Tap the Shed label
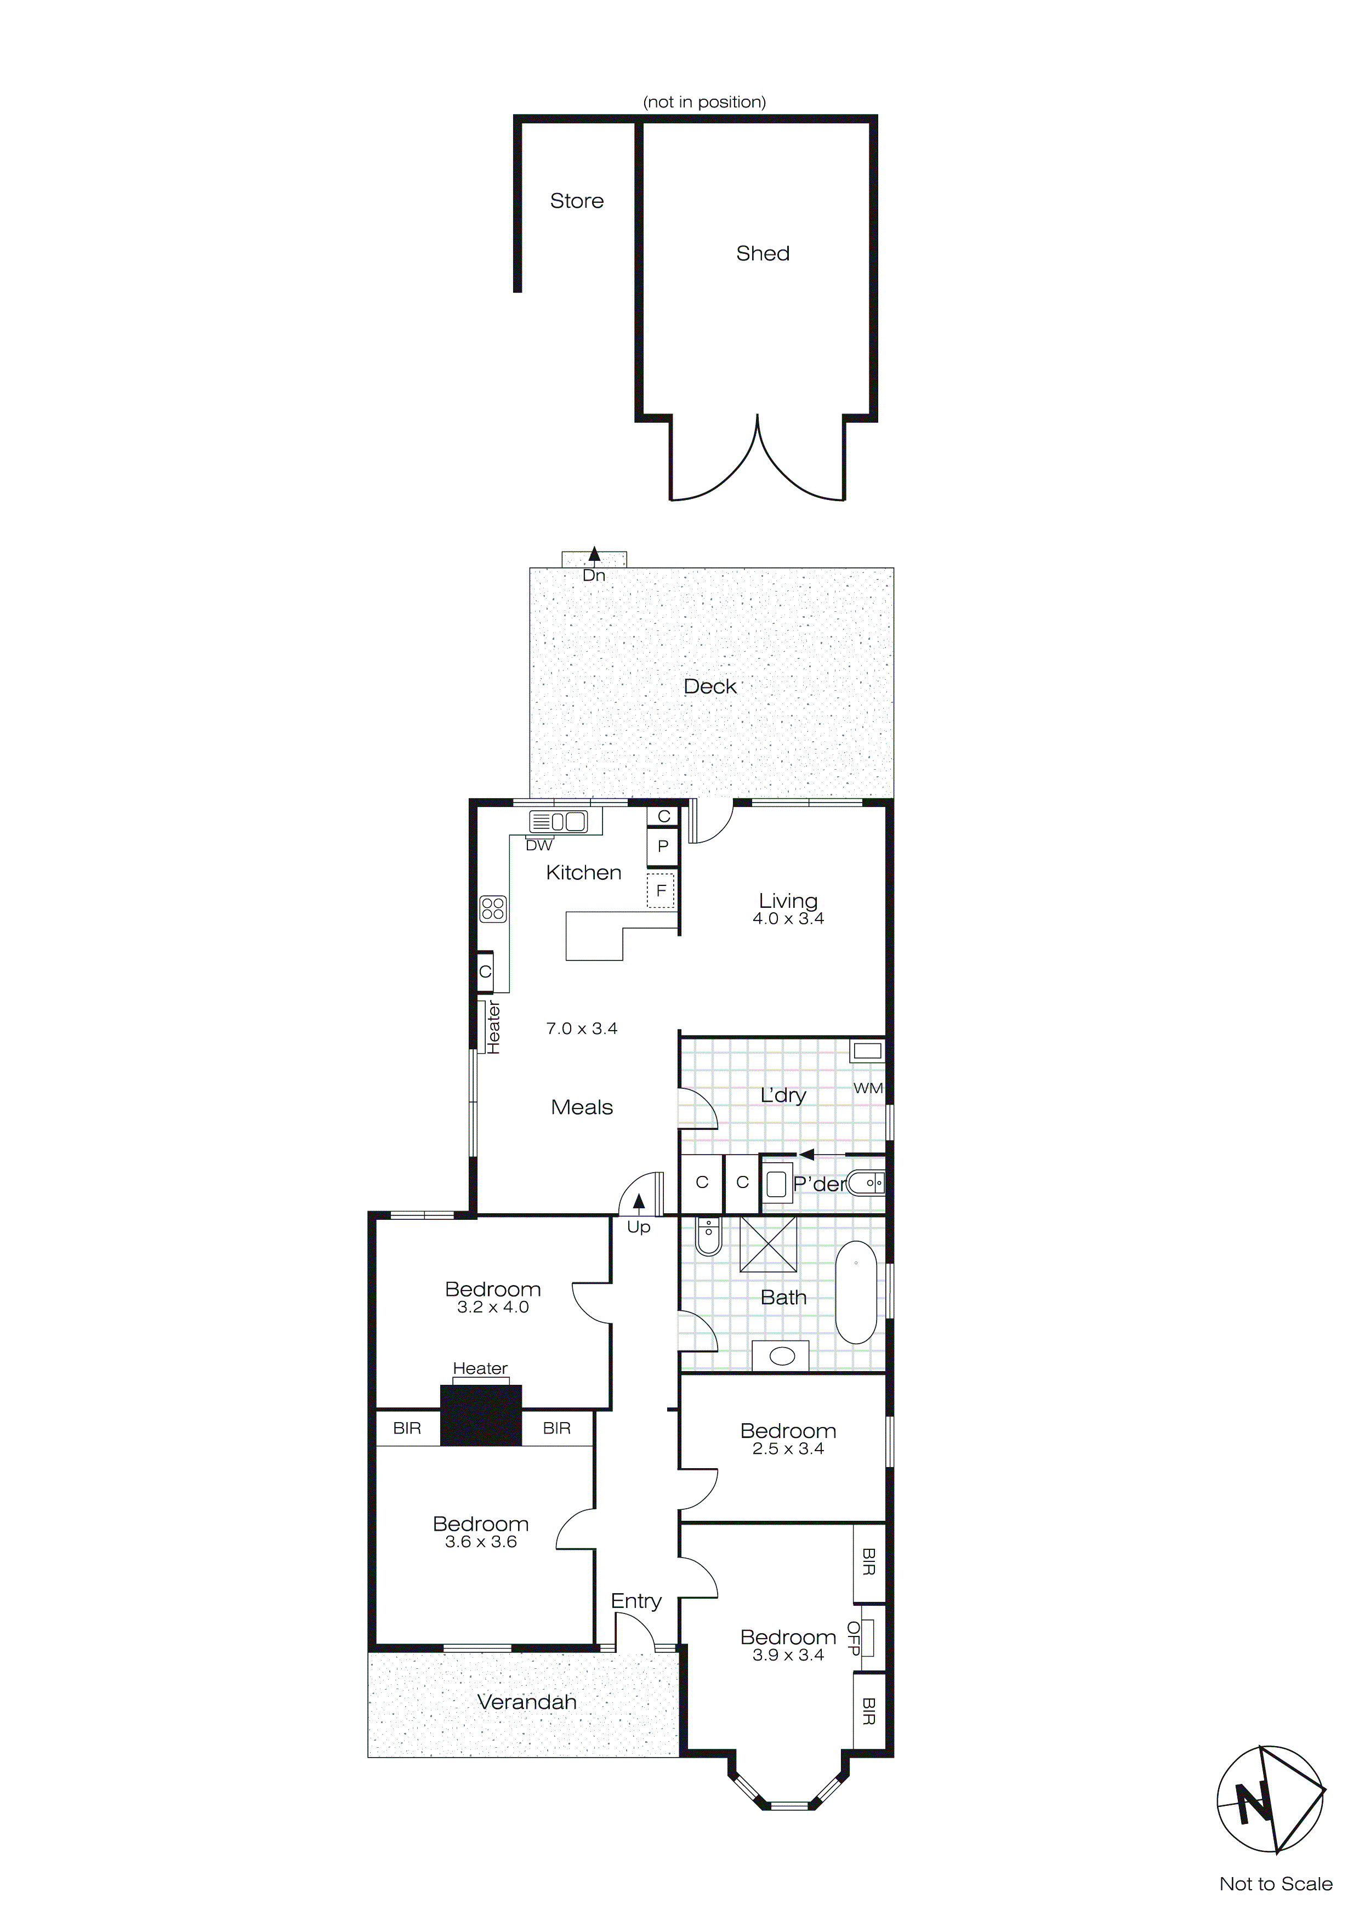point(763,253)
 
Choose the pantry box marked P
point(663,846)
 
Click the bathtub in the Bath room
point(855,1293)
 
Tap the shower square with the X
point(768,1245)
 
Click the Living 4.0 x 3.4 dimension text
point(788,919)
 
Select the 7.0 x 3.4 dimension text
point(582,1029)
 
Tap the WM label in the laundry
point(868,1088)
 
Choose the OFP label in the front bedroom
point(854,1638)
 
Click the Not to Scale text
point(1275,1884)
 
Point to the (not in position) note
point(704,102)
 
